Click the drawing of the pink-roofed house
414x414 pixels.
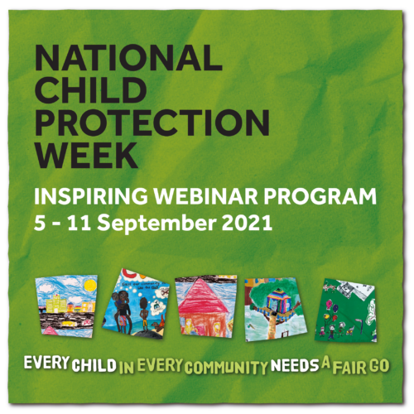[x=206, y=303]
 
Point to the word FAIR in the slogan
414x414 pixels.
[x=349, y=365]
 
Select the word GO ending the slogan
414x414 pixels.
[x=382, y=365]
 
